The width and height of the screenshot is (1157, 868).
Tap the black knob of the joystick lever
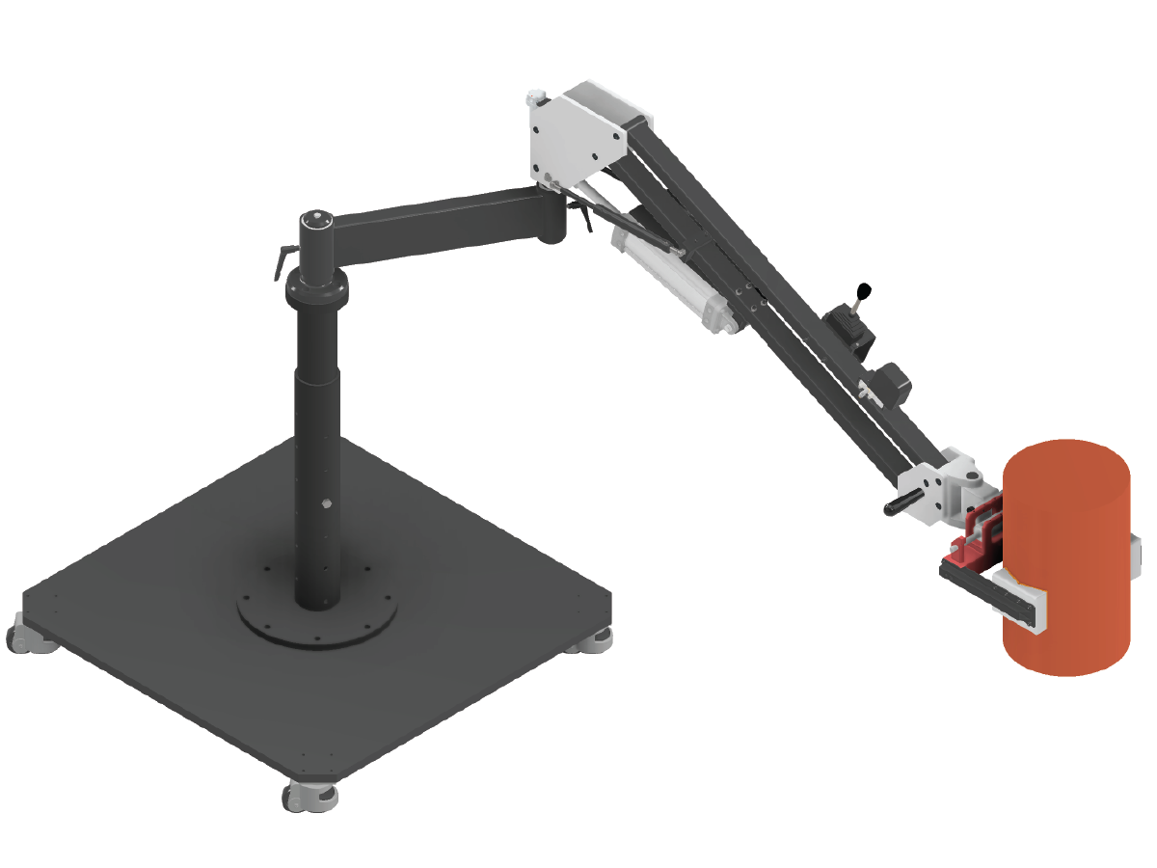point(865,288)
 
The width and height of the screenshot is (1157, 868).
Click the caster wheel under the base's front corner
point(308,796)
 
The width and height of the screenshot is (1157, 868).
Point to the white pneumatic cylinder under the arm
point(675,280)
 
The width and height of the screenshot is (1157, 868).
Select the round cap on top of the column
point(315,220)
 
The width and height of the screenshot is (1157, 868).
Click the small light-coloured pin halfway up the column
point(326,502)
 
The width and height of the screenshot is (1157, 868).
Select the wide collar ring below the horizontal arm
point(315,286)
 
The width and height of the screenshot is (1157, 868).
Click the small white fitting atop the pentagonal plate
point(536,97)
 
